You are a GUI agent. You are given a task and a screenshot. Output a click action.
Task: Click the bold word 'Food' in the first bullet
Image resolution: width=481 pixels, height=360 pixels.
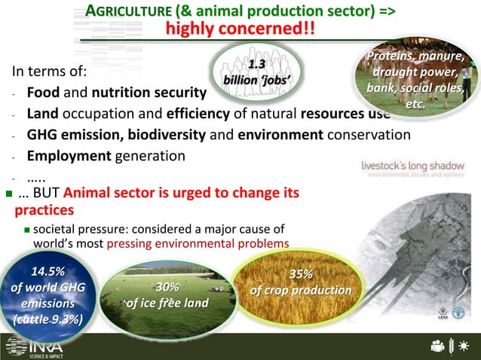click(43, 94)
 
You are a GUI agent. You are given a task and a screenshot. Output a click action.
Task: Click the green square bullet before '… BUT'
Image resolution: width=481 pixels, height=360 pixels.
click(8, 194)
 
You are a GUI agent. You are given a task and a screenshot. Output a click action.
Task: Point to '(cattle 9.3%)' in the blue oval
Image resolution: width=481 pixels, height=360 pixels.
click(47, 319)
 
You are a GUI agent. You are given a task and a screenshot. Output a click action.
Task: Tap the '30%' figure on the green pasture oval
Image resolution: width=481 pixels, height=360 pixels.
click(167, 287)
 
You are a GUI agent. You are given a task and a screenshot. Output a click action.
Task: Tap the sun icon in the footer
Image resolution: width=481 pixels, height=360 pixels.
click(465, 346)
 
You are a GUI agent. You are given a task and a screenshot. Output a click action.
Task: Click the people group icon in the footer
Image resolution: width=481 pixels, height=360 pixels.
click(437, 346)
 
